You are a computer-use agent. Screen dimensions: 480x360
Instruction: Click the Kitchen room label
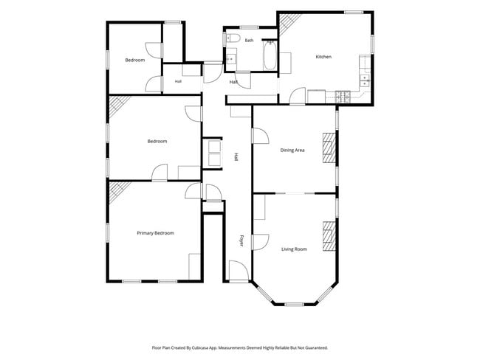coord(323,57)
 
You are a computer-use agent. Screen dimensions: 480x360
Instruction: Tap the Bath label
coord(249,40)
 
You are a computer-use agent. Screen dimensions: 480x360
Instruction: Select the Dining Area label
coord(292,150)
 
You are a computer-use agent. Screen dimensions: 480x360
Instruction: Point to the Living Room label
coord(294,249)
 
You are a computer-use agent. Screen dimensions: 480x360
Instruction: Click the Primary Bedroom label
coord(156,233)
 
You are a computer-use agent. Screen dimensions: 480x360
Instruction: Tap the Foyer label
coord(241,240)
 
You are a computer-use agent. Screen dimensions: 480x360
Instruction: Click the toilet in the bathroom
coord(232,38)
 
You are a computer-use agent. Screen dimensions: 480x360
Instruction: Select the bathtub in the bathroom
coord(270,55)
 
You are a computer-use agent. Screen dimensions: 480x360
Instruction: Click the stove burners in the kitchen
coord(343,97)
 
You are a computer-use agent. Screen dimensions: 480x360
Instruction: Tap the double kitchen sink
coord(365,80)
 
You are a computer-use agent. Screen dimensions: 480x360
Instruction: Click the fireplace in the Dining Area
coord(329,148)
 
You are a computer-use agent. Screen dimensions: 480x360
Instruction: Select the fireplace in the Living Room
coord(329,236)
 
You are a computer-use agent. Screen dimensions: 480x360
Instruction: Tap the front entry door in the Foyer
coord(239,271)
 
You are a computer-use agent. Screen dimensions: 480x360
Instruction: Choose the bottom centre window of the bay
coord(294,305)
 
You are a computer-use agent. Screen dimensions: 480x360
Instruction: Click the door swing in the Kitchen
coord(298,96)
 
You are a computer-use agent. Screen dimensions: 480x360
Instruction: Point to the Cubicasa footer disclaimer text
coord(240,347)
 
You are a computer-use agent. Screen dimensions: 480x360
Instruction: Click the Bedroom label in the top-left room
coord(135,60)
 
